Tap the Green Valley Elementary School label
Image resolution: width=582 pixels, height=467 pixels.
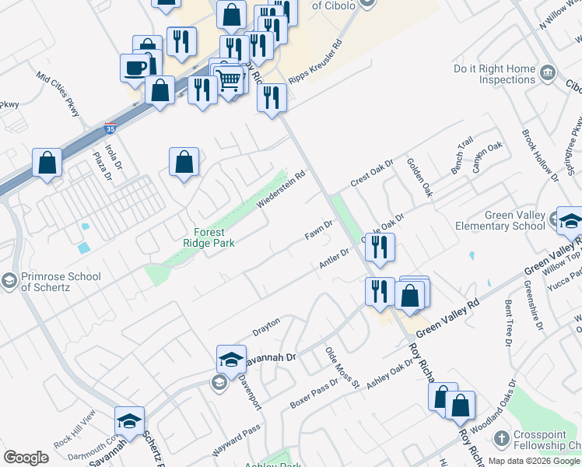514,220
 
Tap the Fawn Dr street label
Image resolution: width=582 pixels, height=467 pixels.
319,230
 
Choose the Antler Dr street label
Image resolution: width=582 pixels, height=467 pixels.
335,260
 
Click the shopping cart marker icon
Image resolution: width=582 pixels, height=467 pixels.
229,79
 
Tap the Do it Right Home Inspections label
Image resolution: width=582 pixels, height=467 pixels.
496,74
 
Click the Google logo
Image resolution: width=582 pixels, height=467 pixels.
26,458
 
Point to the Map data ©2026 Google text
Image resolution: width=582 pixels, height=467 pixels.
534,461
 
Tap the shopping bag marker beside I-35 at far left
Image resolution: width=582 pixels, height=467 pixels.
47,163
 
